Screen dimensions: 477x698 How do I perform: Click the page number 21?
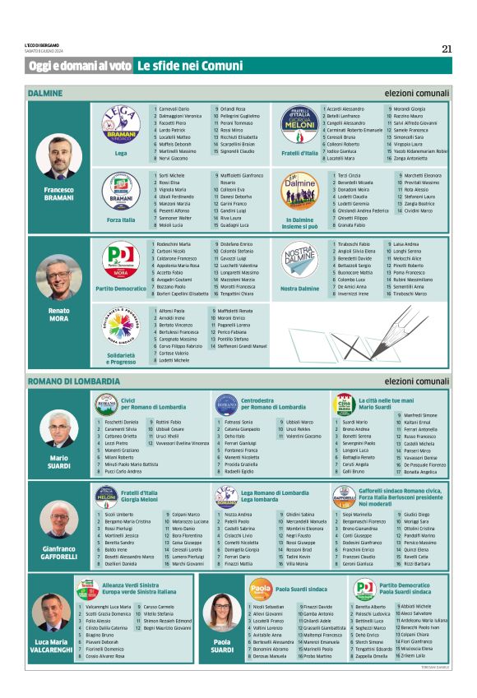(x=447, y=49)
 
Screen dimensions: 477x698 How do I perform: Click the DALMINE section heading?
(x=46, y=94)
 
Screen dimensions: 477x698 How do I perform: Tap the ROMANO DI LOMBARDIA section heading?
(x=73, y=381)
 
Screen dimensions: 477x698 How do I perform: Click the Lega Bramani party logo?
(x=121, y=128)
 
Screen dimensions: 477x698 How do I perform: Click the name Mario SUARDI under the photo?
(x=58, y=460)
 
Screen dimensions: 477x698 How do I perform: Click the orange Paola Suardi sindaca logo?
(x=261, y=589)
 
